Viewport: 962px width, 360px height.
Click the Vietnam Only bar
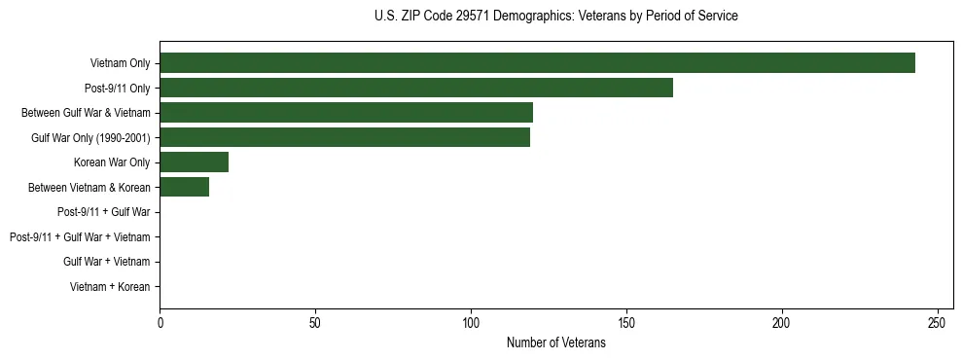pos(537,63)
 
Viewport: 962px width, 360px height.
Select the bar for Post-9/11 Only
pos(416,88)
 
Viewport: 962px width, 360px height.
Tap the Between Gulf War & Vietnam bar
pos(346,113)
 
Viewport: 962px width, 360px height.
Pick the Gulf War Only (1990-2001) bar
pos(344,137)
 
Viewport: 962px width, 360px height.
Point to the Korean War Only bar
pos(194,162)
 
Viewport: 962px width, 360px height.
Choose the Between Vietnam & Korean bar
pos(184,187)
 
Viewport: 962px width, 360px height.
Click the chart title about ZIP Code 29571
pos(555,17)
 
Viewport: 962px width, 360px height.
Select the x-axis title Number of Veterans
pos(555,342)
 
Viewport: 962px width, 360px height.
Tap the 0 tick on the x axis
pos(160,322)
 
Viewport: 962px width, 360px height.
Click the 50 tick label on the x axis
pos(315,322)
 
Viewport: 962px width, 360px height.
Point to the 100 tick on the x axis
pos(471,322)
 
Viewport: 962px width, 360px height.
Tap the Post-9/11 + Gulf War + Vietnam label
pos(80,237)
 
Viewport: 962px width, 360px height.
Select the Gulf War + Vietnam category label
pos(106,262)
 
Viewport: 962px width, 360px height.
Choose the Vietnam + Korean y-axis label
pos(110,287)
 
